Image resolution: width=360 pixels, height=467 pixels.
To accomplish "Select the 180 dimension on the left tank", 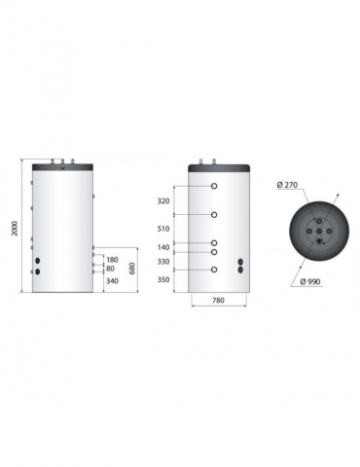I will (112, 260).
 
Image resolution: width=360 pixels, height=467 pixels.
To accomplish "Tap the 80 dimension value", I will (111, 269).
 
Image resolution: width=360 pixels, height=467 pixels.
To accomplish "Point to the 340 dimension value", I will (112, 282).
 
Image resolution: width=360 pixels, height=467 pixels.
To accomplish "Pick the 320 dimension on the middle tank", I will (162, 201).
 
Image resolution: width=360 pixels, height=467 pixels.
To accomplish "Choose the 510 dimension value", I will (162, 230).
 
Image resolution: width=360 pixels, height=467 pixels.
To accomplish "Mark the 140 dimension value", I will (162, 247).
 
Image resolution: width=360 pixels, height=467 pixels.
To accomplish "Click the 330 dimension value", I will (162, 262).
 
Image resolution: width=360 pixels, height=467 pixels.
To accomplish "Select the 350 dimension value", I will (162, 279).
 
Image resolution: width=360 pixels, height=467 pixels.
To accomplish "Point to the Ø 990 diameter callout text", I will (313, 283).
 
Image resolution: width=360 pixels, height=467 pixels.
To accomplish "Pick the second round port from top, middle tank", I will (213, 215).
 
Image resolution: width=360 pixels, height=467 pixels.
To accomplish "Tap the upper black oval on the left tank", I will (38, 263).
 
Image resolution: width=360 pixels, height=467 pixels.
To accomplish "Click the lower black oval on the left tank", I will (38, 272).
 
